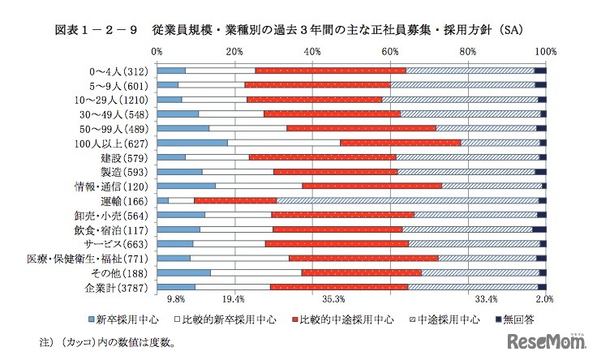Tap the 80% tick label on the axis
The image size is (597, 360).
coord(468,51)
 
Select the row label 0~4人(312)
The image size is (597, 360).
coord(120,71)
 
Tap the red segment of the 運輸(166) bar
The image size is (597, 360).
coord(235,200)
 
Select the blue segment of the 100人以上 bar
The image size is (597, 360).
coord(192,143)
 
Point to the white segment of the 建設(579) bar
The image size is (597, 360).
coord(217,156)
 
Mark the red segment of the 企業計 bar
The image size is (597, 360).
coord(339,287)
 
